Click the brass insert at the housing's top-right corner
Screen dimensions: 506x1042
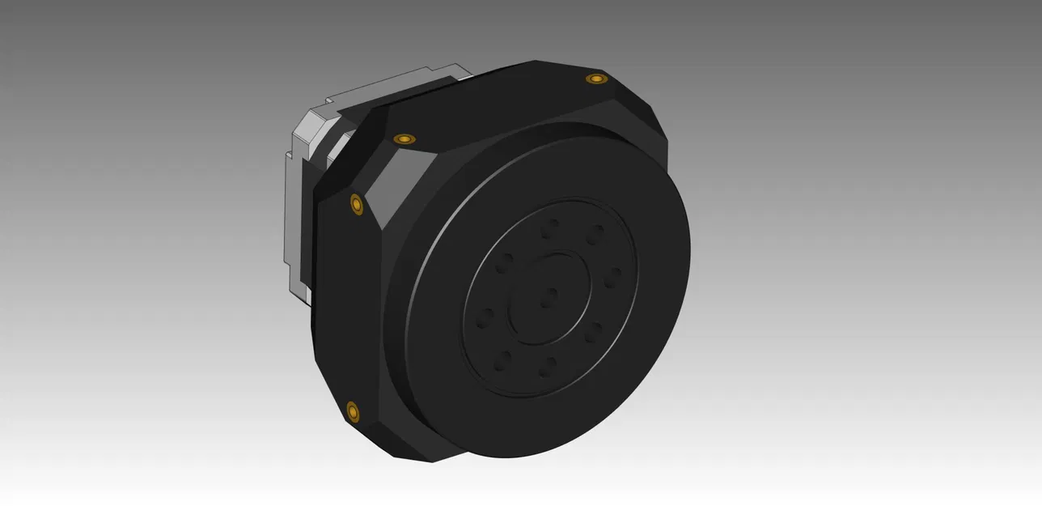coord(596,79)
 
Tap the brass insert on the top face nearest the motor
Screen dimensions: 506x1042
coord(404,139)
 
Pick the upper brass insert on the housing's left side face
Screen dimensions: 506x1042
coord(356,204)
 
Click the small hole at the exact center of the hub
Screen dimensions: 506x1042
coord(549,296)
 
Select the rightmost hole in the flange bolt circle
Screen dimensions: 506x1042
coord(613,277)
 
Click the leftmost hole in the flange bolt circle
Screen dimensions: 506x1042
coord(485,317)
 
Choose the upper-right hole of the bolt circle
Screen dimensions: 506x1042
coord(595,235)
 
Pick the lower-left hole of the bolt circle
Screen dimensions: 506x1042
coord(503,361)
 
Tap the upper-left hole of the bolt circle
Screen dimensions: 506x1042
coord(506,262)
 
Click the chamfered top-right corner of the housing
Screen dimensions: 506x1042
coord(639,105)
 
